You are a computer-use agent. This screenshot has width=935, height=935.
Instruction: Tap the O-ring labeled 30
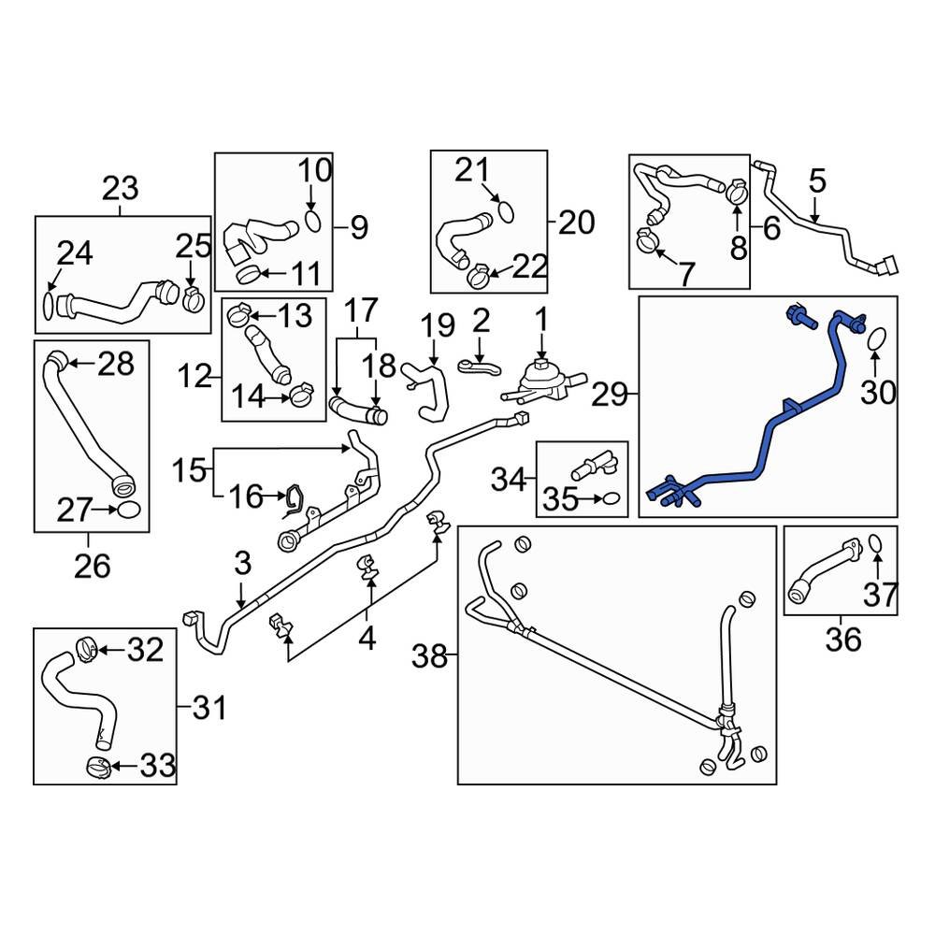876,339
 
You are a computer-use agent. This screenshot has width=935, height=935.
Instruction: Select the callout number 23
120,188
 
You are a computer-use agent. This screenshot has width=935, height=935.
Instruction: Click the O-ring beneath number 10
314,222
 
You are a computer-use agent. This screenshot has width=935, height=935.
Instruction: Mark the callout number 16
246,496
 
